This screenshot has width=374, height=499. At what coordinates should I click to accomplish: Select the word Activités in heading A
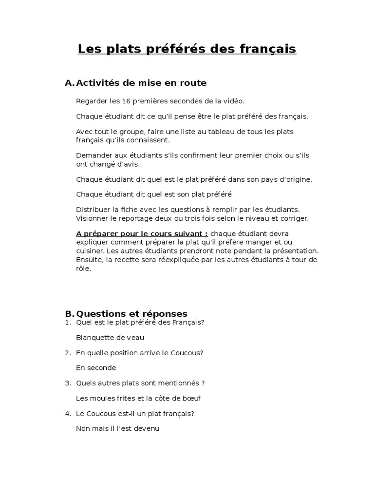tap(100, 83)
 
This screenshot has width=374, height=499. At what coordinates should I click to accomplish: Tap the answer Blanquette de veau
tap(110, 337)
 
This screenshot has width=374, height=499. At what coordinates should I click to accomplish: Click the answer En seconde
tap(96, 368)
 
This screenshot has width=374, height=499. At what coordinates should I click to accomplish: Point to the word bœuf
tap(191, 398)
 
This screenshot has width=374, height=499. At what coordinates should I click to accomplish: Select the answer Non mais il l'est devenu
tap(118, 429)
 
